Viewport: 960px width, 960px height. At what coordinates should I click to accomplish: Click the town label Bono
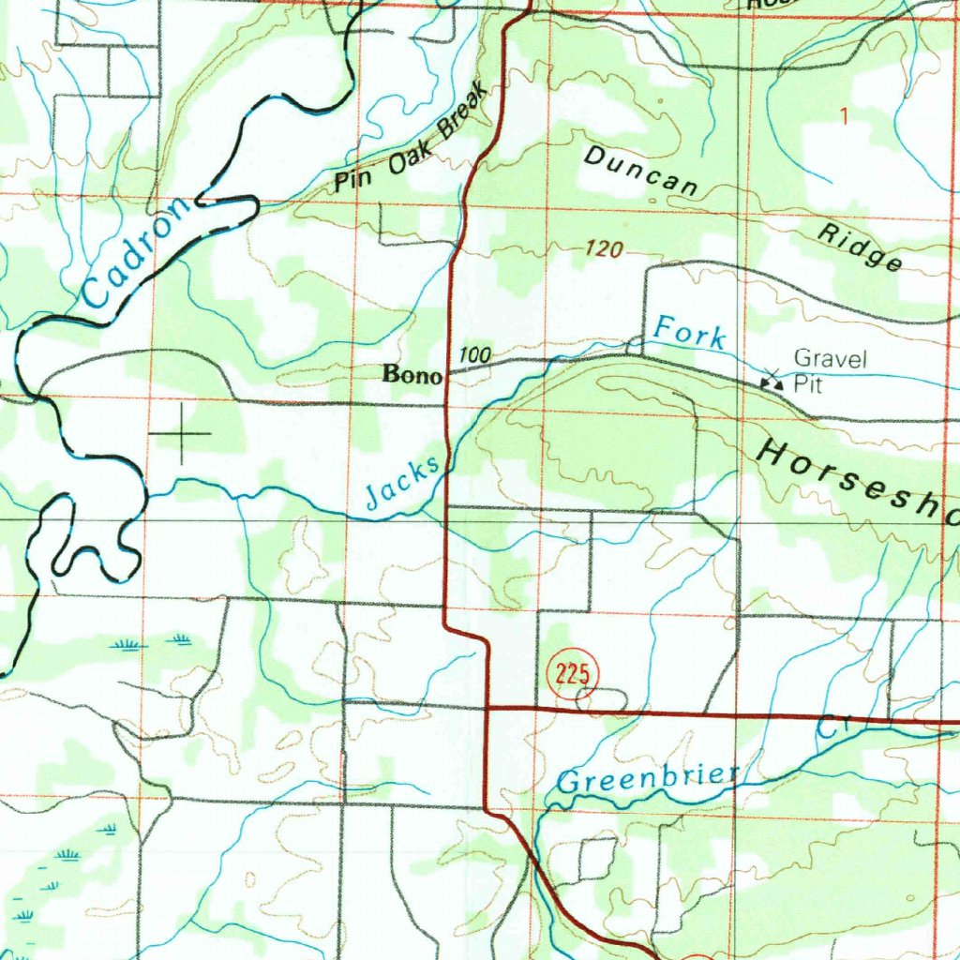[412, 374]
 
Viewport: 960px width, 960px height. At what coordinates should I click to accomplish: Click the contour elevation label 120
[604, 249]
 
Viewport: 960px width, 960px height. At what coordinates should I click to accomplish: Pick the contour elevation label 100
[475, 355]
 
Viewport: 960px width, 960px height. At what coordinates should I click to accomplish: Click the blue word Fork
[690, 333]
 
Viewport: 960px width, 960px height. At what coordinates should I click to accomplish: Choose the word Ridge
[860, 246]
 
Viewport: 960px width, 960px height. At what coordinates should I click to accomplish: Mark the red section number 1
[844, 117]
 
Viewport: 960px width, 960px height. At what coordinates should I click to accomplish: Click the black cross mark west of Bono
[180, 433]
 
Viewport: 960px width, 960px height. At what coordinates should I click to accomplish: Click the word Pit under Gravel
[807, 383]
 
